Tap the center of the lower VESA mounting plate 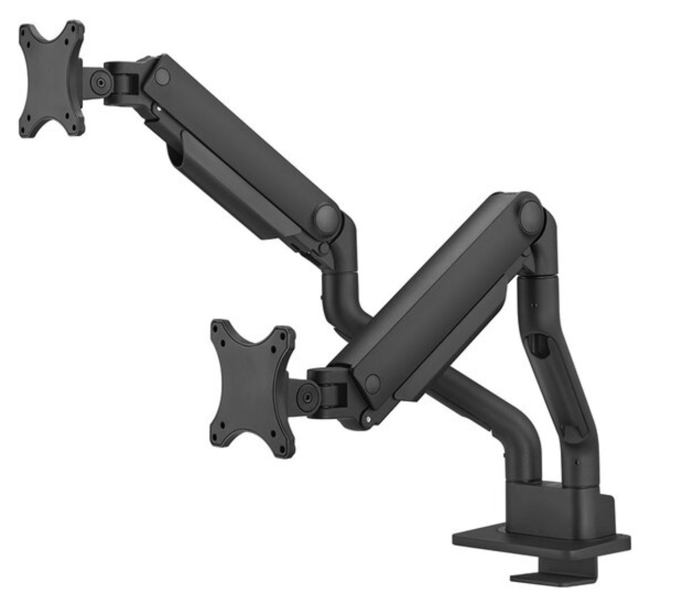coord(252,389)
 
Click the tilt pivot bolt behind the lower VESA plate coord(307,393)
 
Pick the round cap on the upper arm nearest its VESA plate coord(162,76)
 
